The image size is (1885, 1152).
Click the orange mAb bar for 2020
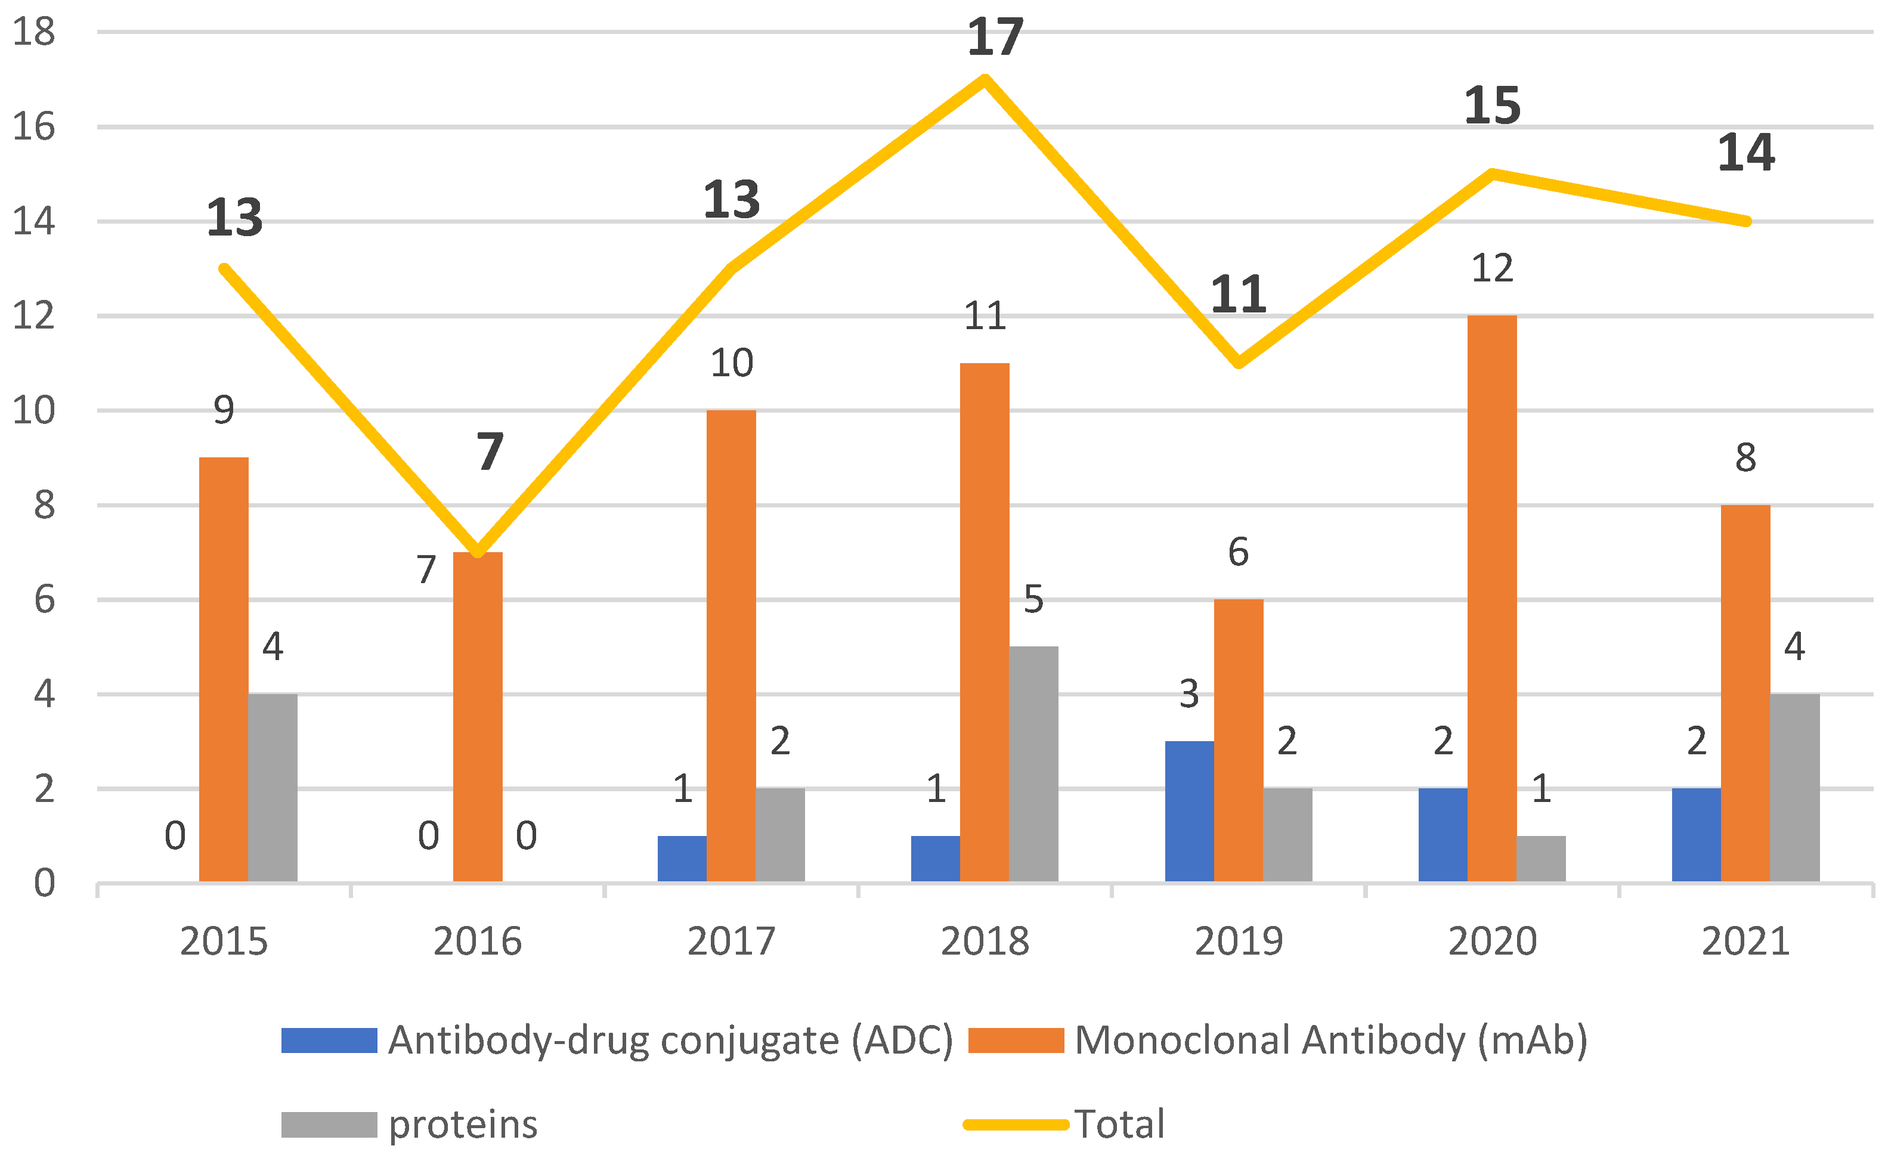1492,597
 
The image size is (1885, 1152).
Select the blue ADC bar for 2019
1189,811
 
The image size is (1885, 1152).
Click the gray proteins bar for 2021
1795,788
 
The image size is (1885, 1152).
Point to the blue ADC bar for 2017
682,858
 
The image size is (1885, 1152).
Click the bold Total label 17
995,37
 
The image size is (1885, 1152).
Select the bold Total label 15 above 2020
1492,106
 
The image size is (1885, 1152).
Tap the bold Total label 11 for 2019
1238,295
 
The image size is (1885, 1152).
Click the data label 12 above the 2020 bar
1492,268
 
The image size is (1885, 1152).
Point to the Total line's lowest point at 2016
478,552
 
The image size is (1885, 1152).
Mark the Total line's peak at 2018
985,79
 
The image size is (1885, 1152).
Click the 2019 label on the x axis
1239,941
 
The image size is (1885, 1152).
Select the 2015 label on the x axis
224,941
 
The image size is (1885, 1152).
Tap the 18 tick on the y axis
33,32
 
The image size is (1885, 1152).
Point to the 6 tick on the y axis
44,600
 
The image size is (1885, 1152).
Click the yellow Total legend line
1015,1125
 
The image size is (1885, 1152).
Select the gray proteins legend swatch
329,1125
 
